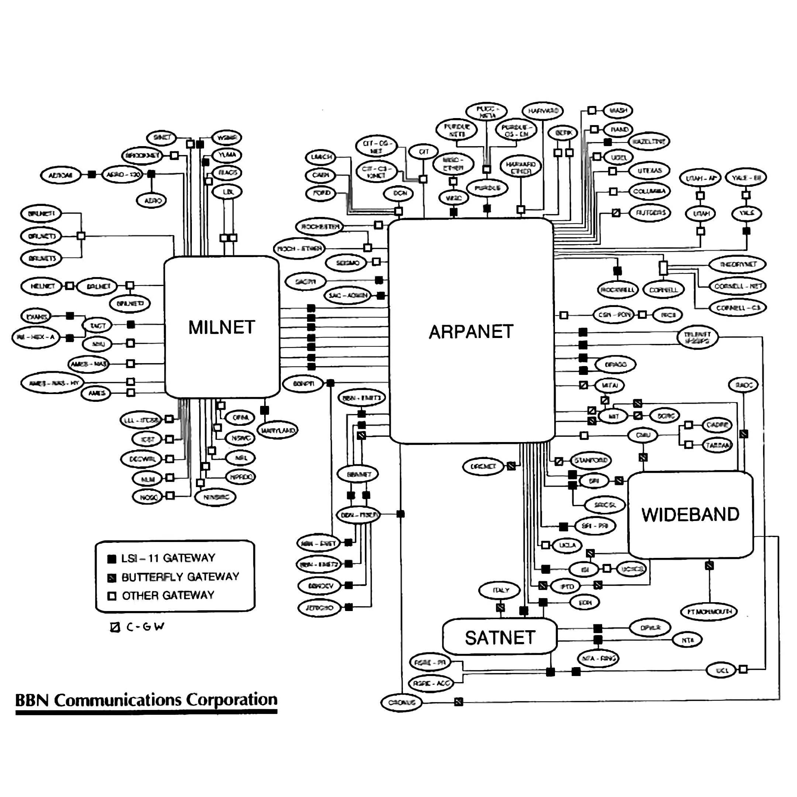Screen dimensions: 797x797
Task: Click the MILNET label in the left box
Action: [x=221, y=327]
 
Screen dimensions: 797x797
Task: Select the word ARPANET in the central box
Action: [x=471, y=332]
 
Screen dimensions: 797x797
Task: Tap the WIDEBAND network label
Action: [x=690, y=514]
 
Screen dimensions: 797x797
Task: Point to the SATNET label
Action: [x=500, y=638]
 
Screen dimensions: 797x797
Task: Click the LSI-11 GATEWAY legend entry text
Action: [x=168, y=558]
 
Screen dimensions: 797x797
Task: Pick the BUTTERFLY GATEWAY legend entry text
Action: [x=180, y=577]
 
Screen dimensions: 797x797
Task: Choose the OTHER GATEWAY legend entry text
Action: [x=168, y=595]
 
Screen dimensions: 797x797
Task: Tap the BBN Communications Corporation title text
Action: [x=146, y=700]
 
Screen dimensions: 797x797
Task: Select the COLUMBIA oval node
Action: [x=649, y=192]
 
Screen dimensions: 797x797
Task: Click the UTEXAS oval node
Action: [x=649, y=170]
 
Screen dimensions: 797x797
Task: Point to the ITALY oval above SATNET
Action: [x=500, y=590]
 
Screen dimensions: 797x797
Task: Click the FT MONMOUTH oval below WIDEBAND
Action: [x=709, y=611]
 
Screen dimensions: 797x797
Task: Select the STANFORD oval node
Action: [x=590, y=460]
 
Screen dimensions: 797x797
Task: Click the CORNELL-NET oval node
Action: [x=738, y=286]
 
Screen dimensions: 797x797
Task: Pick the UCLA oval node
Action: [x=567, y=545]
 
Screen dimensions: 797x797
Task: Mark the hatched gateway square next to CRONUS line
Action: [x=458, y=702]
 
